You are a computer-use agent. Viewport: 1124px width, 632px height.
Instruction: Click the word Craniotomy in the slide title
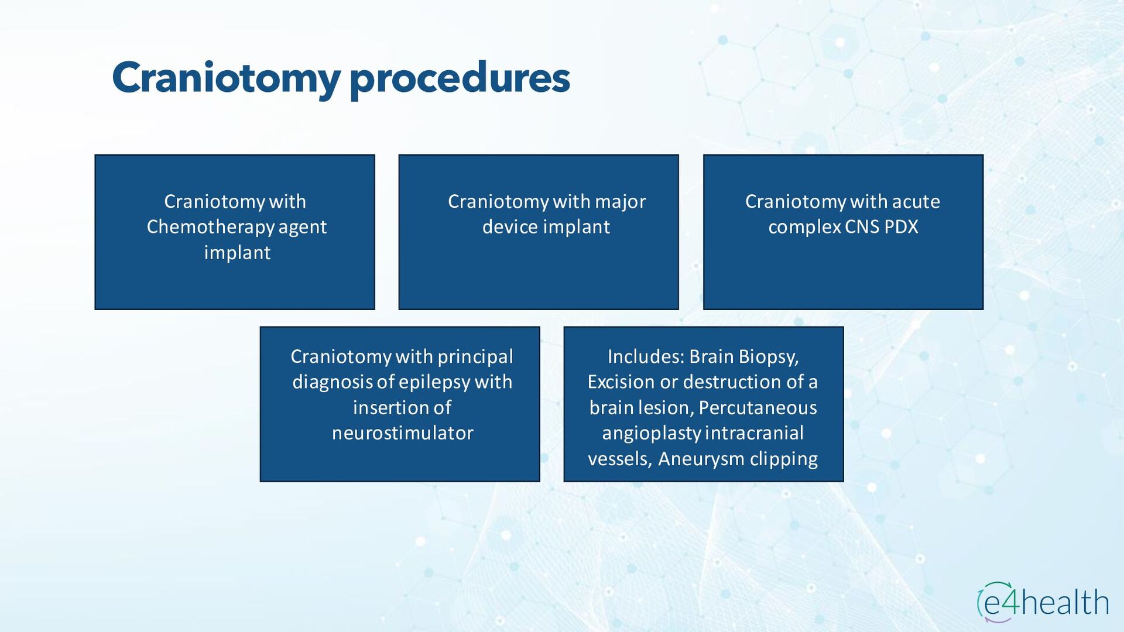click(x=226, y=78)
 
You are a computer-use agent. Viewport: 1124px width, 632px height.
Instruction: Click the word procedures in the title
click(x=460, y=78)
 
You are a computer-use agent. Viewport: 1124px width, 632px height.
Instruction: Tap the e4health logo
click(x=1043, y=602)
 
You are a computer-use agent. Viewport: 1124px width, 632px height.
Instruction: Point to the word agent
click(x=302, y=227)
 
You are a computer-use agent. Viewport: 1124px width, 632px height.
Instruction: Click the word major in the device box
click(x=620, y=201)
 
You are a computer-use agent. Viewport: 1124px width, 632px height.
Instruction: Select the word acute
click(x=916, y=201)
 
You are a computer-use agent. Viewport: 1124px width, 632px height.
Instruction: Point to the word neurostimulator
click(x=402, y=433)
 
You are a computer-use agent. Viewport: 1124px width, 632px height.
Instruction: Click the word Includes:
click(x=646, y=356)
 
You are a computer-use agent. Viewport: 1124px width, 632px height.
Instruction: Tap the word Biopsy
click(x=769, y=356)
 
